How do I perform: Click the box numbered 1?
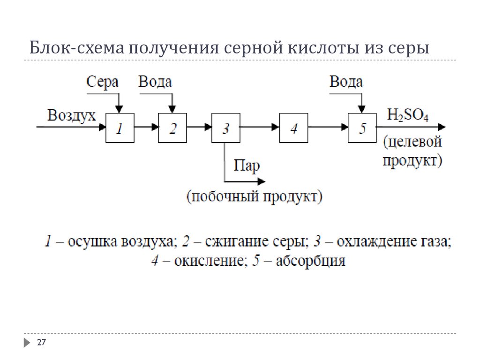click(x=120, y=128)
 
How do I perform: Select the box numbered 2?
click(x=172, y=128)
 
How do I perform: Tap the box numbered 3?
click(x=225, y=128)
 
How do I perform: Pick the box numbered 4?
click(x=293, y=128)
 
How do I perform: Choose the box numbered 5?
click(x=362, y=128)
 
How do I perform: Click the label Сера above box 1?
click(x=103, y=82)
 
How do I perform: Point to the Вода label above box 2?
click(x=155, y=82)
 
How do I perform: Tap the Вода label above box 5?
click(x=346, y=82)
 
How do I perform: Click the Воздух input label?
click(x=72, y=115)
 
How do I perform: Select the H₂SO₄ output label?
click(x=407, y=115)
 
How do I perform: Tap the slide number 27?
click(x=41, y=343)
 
